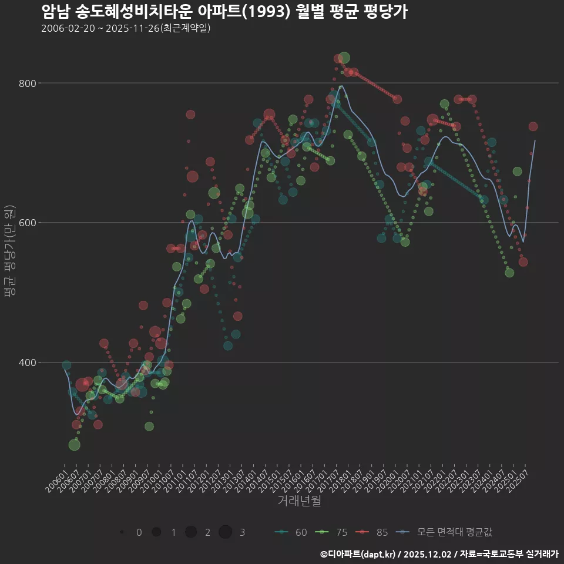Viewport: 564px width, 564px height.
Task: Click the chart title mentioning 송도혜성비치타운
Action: click(x=224, y=12)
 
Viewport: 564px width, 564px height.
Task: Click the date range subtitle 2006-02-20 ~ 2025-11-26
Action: click(x=126, y=28)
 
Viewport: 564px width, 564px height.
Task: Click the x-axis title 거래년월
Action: click(x=299, y=501)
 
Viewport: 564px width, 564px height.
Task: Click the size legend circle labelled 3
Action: click(x=226, y=532)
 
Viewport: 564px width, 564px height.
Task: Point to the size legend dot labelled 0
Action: click(x=122, y=532)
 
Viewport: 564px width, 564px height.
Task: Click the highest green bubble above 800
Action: click(x=344, y=58)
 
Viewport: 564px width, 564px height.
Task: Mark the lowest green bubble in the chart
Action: click(x=74, y=445)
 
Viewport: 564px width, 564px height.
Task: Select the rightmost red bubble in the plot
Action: click(x=533, y=126)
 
